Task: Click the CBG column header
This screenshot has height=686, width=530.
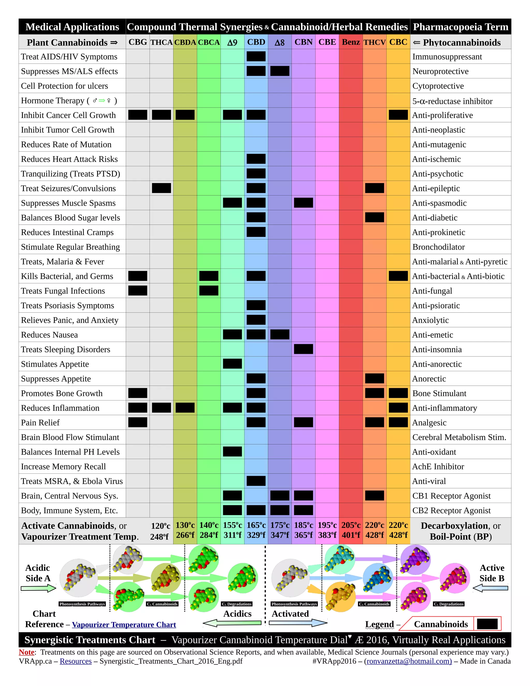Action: click(x=137, y=42)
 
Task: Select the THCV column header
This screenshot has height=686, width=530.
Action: click(x=374, y=42)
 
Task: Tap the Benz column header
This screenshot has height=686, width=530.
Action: click(x=351, y=42)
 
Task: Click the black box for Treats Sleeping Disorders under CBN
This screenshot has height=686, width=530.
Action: click(x=303, y=349)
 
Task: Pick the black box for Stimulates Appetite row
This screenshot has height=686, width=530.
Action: click(x=232, y=364)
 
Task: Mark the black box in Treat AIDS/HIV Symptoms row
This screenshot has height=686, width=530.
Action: click(x=256, y=56)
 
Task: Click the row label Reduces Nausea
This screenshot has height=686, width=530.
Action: click(x=49, y=335)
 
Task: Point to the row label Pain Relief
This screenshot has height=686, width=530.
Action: click(x=40, y=422)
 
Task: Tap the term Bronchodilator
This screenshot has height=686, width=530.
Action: click(x=438, y=247)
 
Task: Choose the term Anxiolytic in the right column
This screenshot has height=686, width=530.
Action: click(x=430, y=320)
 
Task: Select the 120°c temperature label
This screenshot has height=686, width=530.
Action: click(x=160, y=526)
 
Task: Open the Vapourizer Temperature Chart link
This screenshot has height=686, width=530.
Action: click(x=124, y=624)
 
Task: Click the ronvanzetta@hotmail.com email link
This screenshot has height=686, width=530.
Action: click(x=409, y=661)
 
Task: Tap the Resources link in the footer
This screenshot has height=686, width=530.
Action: click(x=76, y=661)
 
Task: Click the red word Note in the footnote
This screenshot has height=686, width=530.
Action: click(x=26, y=652)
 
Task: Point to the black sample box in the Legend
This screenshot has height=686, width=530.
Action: click(x=487, y=624)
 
